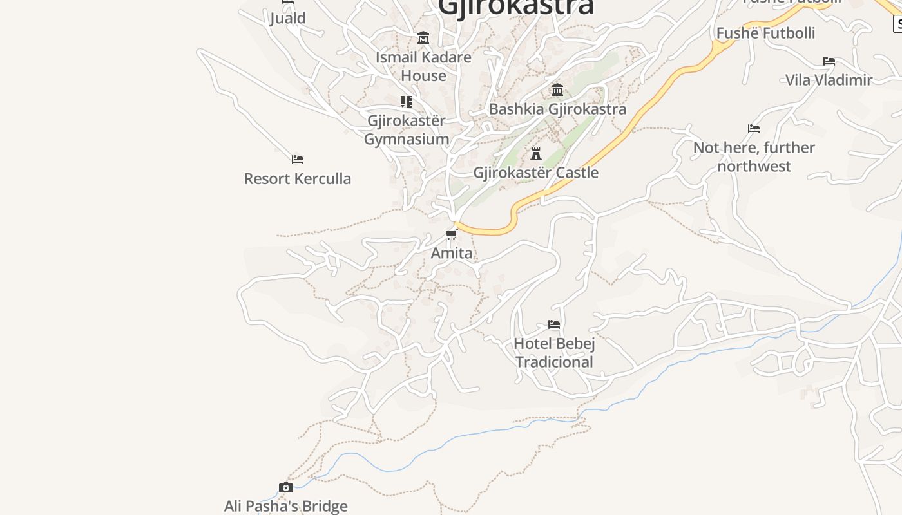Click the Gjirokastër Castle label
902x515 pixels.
[x=535, y=173]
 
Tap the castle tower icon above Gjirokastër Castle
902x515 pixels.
[x=535, y=153]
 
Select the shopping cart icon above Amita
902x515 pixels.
[x=452, y=234]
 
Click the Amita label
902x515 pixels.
[x=452, y=253]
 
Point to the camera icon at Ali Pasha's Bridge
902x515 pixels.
[x=286, y=487]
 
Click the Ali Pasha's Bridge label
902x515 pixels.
[x=286, y=506]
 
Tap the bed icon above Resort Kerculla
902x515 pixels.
[x=297, y=159]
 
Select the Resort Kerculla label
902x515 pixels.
[x=297, y=178]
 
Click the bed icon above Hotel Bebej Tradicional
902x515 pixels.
[x=554, y=324]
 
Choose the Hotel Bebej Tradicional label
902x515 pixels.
[x=554, y=353]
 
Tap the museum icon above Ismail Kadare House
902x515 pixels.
[x=423, y=38]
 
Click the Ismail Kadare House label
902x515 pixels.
[x=423, y=66]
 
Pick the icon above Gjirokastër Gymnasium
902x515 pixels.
[x=407, y=102]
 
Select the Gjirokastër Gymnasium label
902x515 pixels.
[x=407, y=129]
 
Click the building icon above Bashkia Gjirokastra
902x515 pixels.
[x=557, y=89]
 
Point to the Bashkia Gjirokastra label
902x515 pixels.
[x=557, y=109]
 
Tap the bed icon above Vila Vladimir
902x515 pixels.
[x=829, y=61]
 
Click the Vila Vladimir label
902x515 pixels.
[x=829, y=80]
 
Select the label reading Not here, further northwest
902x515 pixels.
[x=754, y=156]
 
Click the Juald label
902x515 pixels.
[x=287, y=18]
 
